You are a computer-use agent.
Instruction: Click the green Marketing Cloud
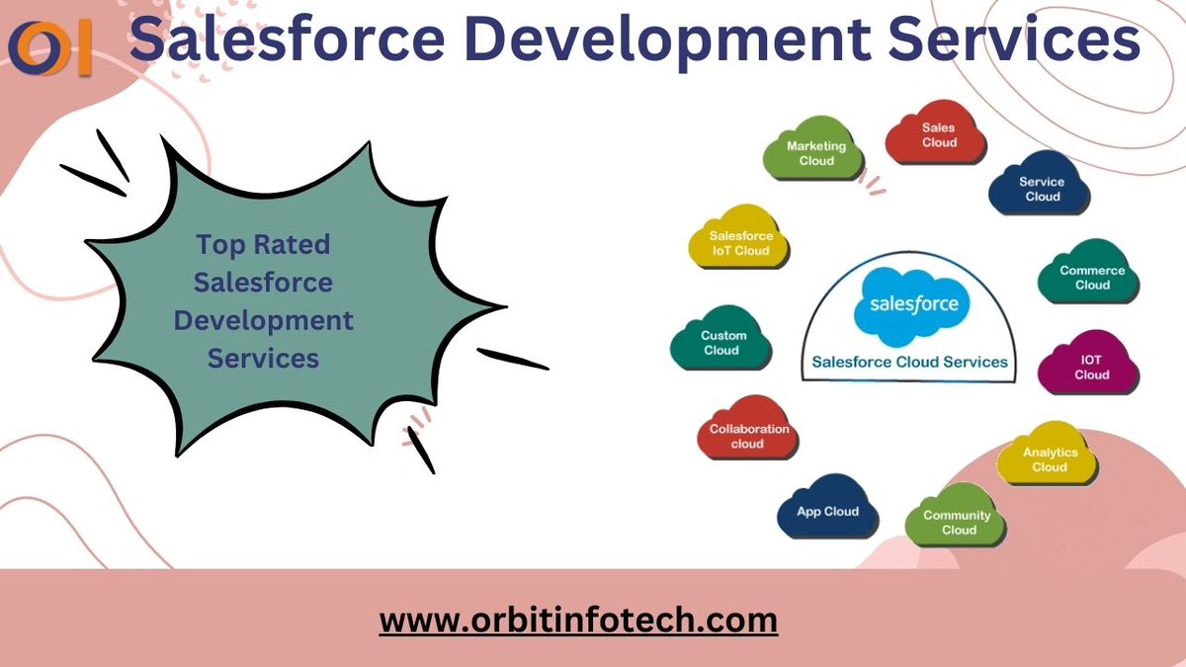click(816, 153)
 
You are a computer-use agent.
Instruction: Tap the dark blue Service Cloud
click(1041, 188)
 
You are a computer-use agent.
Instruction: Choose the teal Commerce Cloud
click(1091, 277)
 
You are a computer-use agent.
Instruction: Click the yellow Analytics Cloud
click(1049, 459)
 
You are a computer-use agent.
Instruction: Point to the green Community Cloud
click(957, 521)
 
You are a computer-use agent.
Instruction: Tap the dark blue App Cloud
click(827, 510)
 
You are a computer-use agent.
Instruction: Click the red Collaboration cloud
click(748, 435)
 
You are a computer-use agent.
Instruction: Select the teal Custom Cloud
click(722, 342)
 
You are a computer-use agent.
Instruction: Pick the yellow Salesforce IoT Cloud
click(739, 242)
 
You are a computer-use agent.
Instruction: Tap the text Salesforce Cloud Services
click(909, 362)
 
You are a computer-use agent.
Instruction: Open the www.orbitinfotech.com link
click(578, 621)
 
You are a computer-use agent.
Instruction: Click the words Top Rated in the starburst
click(263, 244)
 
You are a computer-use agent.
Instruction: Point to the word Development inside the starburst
click(263, 320)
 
